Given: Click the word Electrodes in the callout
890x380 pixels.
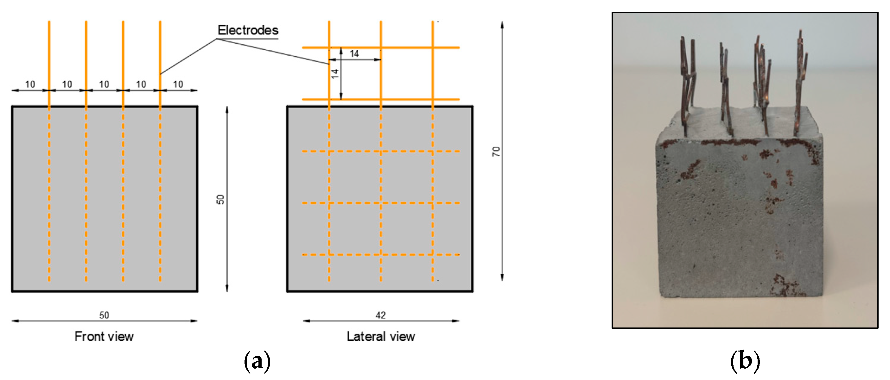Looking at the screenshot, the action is coord(248,30).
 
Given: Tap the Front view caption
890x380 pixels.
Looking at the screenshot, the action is coord(104,336).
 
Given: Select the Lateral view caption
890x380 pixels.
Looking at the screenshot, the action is coord(381,336).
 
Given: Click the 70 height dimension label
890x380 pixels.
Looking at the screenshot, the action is coord(496,152).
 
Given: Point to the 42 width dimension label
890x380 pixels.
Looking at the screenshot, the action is coord(380,315).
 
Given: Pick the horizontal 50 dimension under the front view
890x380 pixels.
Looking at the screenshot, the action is coord(104,315).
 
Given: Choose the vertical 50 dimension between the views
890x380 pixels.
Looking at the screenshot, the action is coord(220,199).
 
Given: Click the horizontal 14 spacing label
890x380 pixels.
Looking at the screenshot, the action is coord(354,53).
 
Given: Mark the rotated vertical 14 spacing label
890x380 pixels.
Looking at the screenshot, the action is coord(335,73).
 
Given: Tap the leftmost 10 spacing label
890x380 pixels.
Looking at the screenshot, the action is coord(30,84).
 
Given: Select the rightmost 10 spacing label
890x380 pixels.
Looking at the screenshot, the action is coord(178,84).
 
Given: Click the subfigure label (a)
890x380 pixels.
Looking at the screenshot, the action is coord(257,361).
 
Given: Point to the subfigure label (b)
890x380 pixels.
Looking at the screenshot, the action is coord(745,361).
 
